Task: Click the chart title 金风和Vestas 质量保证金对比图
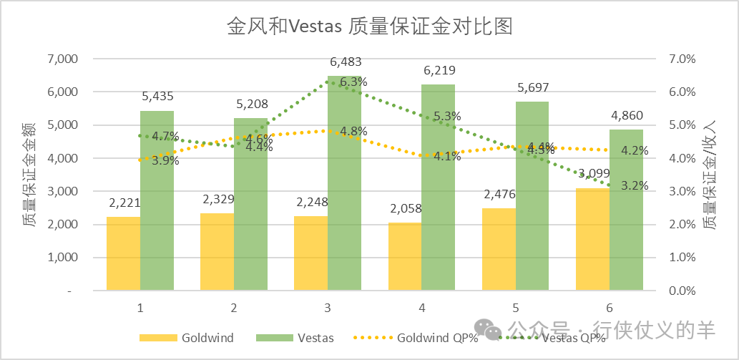pyautogui.click(x=370, y=27)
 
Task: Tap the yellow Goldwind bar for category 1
pyautogui.click(x=124, y=254)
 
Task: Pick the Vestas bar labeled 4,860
pyautogui.click(x=626, y=210)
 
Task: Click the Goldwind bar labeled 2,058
pyautogui.click(x=405, y=257)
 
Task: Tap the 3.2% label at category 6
pyautogui.click(x=634, y=185)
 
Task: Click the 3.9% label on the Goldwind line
pyautogui.click(x=165, y=160)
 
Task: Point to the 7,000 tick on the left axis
pyautogui.click(x=62, y=59)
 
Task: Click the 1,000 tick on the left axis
pyautogui.click(x=62, y=258)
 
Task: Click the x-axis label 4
pyautogui.click(x=422, y=308)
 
